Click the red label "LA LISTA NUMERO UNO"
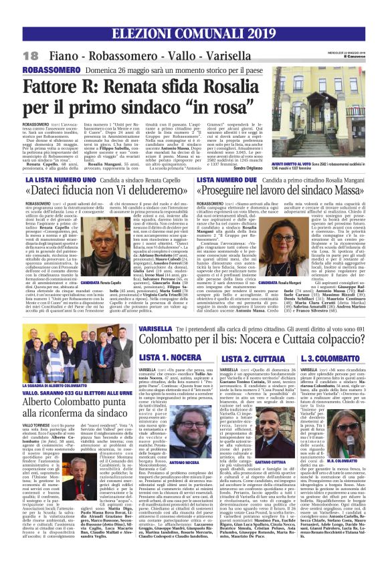pos(50,181)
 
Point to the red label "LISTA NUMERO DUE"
pos(223,181)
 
